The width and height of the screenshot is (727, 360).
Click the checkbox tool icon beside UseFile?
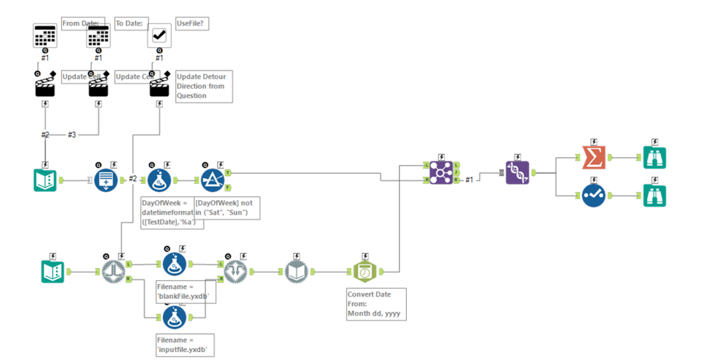pyautogui.click(x=159, y=35)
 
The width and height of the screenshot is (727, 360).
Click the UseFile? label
pyautogui.click(x=192, y=24)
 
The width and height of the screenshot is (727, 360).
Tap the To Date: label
pyautogui.click(x=130, y=24)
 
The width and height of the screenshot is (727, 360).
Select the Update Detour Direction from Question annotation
pyautogui.click(x=204, y=87)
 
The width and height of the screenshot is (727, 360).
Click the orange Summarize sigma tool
pyautogui.click(x=594, y=156)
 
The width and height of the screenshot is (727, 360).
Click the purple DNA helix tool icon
pyautogui.click(x=517, y=172)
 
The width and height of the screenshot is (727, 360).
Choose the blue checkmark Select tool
pyautogui.click(x=594, y=195)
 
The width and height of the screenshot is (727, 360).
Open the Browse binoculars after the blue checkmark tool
pyautogui.click(x=654, y=195)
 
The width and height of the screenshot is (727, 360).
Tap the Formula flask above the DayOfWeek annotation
pyautogui.click(x=159, y=179)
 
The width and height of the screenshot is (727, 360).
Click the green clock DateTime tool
pyautogui.click(x=363, y=271)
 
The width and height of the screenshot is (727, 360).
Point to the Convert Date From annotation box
pyautogui.click(x=376, y=304)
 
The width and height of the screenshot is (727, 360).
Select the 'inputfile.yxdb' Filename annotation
pyautogui.click(x=184, y=345)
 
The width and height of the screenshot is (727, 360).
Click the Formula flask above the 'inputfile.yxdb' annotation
pyautogui.click(x=173, y=317)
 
